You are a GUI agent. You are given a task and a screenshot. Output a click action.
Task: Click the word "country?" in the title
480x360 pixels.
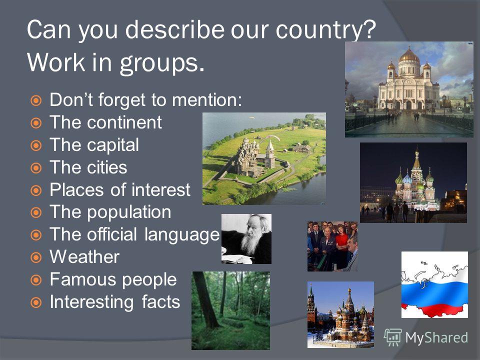[325, 30]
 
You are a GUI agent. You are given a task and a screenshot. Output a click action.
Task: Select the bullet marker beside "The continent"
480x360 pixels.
[36, 123]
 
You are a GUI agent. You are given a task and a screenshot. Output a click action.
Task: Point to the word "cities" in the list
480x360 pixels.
[107, 167]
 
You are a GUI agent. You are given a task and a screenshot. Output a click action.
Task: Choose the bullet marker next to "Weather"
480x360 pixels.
[36, 257]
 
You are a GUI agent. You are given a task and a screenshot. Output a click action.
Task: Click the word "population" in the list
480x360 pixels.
[129, 212]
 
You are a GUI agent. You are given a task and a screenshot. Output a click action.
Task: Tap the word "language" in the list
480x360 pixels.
[182, 235]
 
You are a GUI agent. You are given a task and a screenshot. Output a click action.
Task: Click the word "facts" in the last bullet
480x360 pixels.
[160, 302]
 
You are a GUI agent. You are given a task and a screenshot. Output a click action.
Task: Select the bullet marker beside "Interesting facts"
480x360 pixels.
[36, 302]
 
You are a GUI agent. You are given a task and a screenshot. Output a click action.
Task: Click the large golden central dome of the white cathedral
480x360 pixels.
[409, 56]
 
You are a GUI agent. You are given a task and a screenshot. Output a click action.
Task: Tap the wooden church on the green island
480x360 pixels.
[246, 156]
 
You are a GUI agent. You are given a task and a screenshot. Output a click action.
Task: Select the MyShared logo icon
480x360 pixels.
[392, 337]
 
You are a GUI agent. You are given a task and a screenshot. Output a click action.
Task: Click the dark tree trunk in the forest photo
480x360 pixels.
[204, 300]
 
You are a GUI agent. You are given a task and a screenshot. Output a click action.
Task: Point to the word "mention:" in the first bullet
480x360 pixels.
[207, 100]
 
